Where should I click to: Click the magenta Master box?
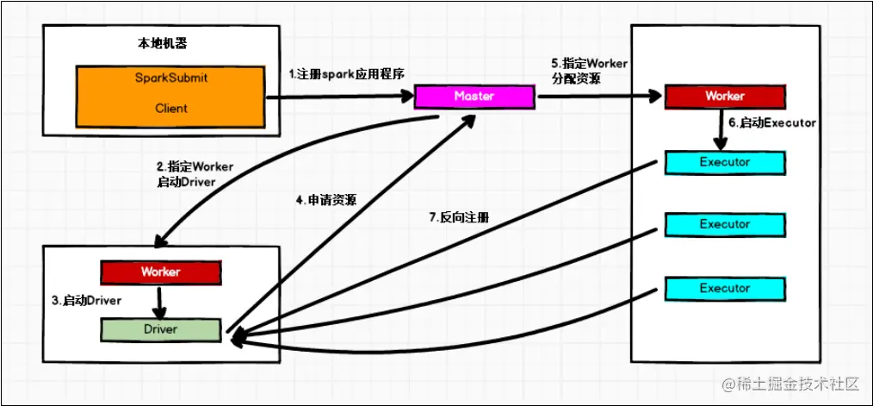[474, 97]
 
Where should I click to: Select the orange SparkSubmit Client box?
[170, 93]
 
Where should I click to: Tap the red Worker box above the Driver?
[161, 272]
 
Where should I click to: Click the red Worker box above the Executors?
[724, 97]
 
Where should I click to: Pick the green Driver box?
[161, 329]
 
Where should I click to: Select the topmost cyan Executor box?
[724, 162]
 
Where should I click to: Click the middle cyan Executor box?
[724, 225]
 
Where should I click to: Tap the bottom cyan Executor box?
[724, 288]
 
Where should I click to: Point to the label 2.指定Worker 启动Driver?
[195, 173]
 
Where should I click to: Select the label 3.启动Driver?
[86, 301]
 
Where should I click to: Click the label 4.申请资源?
[326, 201]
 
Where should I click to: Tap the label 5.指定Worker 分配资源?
[589, 72]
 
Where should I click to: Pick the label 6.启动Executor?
[771, 123]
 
